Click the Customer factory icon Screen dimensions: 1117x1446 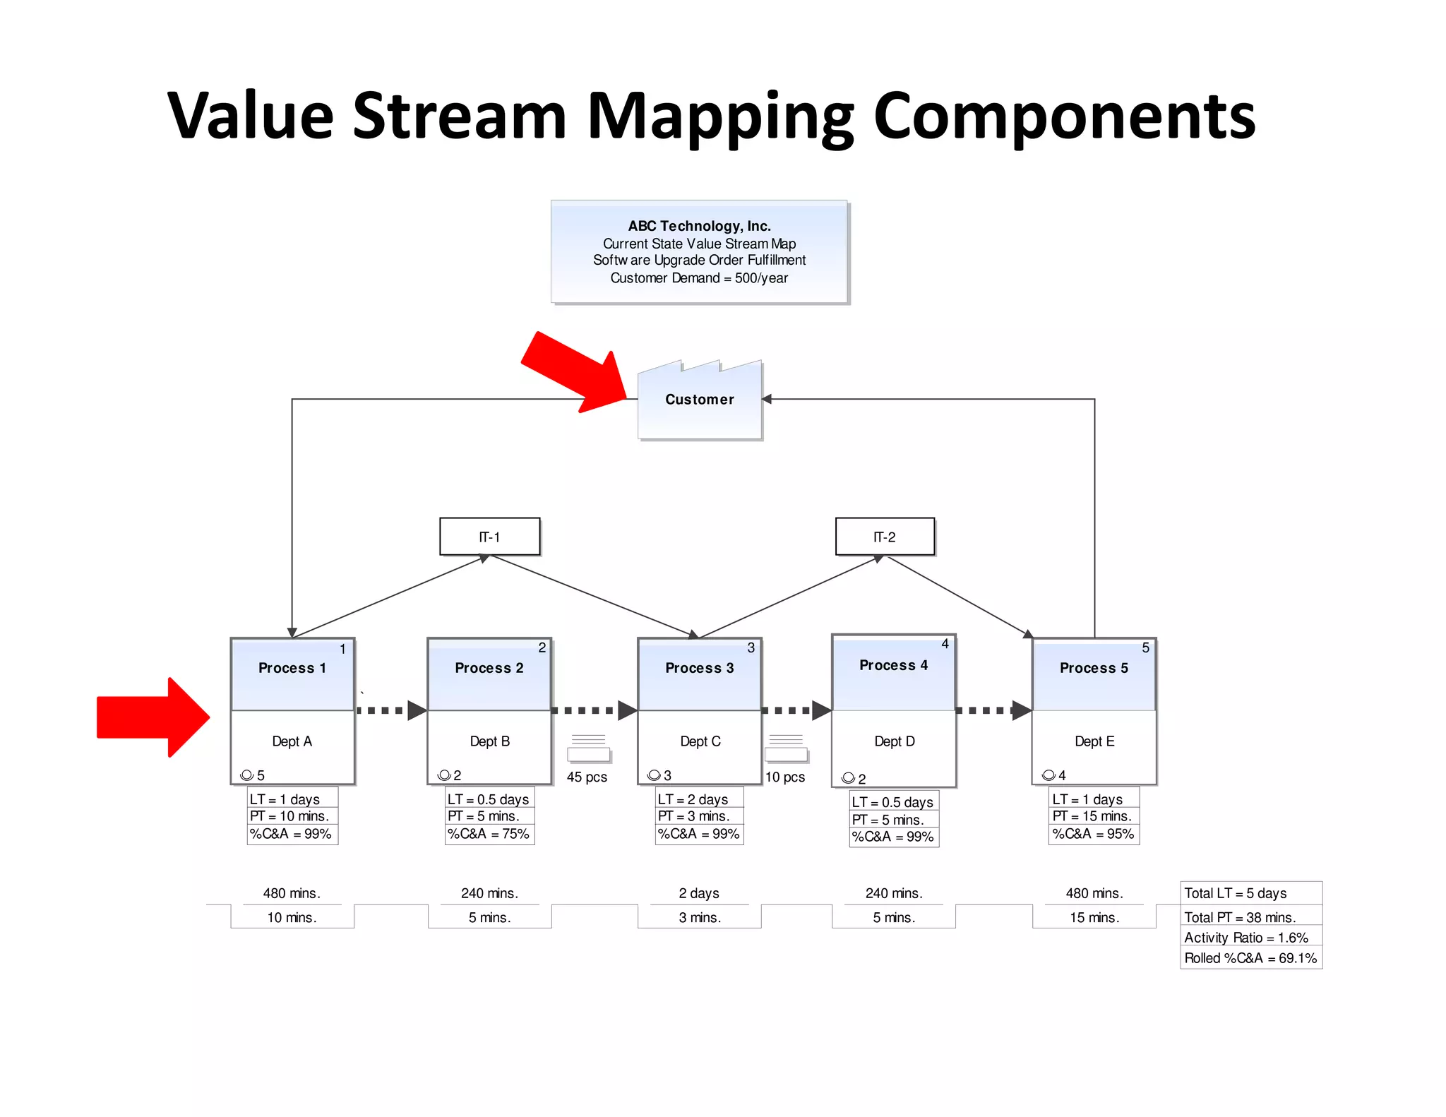click(x=700, y=400)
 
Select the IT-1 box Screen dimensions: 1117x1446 click(x=490, y=537)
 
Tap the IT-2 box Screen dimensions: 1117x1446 click(x=885, y=537)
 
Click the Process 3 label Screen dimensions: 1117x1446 click(x=699, y=668)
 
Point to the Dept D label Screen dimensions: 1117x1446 click(x=894, y=741)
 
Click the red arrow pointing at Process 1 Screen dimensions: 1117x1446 click(x=153, y=717)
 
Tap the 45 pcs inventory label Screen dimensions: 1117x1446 click(x=587, y=777)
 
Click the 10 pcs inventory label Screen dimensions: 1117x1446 click(x=785, y=777)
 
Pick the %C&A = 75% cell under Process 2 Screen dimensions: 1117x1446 click(x=489, y=834)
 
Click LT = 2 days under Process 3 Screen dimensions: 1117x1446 click(x=693, y=799)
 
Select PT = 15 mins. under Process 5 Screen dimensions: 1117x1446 click(x=1092, y=816)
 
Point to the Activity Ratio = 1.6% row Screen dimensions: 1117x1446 click(x=1246, y=938)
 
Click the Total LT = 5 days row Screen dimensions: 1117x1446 click(x=1236, y=893)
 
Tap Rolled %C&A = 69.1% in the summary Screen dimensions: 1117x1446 click(x=1250, y=958)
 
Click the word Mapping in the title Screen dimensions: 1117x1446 click(x=720, y=117)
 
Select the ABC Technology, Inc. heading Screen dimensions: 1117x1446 click(x=699, y=226)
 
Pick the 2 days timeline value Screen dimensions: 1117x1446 click(x=699, y=893)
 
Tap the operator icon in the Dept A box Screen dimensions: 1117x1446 click(x=246, y=775)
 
